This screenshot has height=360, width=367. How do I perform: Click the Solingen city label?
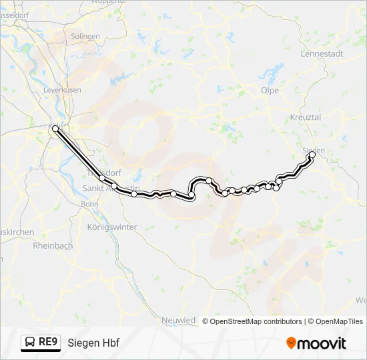(85, 36)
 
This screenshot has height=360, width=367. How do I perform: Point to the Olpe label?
(270, 90)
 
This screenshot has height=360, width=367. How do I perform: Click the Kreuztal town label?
(306, 117)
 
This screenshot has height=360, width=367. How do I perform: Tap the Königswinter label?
(112, 227)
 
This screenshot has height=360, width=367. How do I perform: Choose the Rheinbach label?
(53, 245)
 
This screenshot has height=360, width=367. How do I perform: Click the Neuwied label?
(179, 321)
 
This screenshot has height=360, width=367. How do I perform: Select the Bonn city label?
(89, 204)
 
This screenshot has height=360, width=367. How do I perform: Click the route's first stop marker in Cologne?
(55, 129)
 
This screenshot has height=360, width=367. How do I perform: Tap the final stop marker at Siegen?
(312, 155)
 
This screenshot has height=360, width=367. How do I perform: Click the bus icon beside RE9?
(31, 343)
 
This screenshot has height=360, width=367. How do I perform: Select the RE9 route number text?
(49, 343)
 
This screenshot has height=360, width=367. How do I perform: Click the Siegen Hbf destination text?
(93, 343)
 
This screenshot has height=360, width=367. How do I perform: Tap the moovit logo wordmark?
(322, 343)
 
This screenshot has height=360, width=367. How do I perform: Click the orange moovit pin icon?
(291, 343)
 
